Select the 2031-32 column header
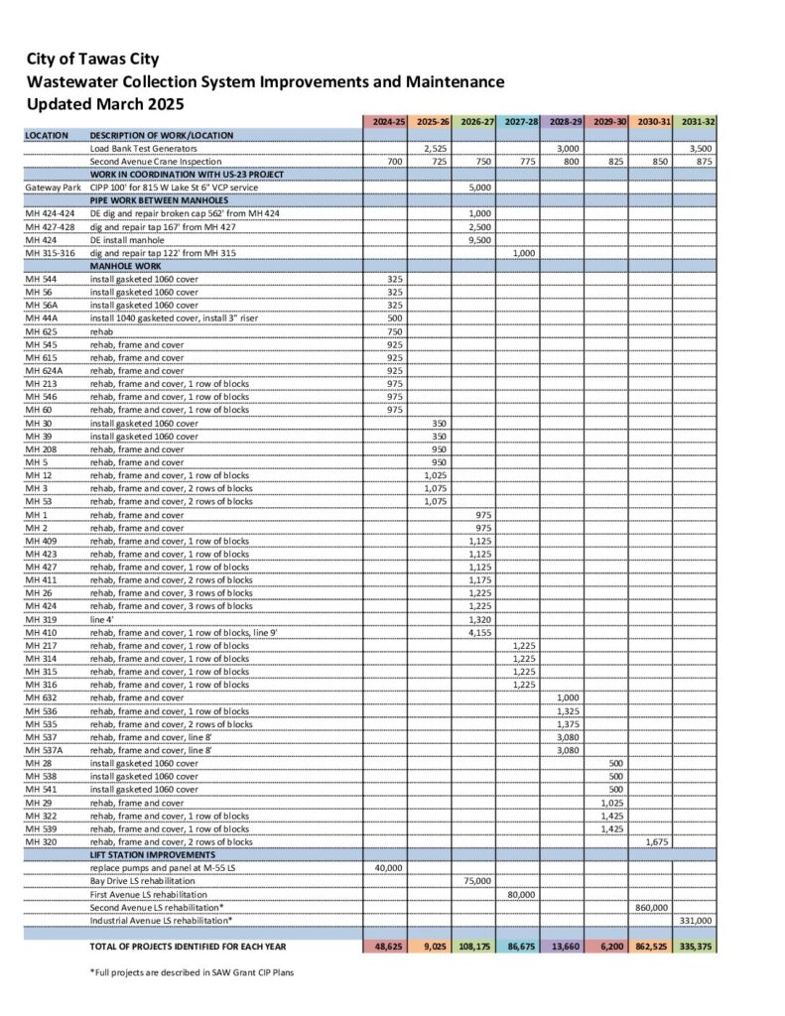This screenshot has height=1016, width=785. click(x=698, y=121)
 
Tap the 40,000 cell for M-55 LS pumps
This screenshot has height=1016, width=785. click(x=387, y=867)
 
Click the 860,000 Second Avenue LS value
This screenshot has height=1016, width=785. click(x=651, y=907)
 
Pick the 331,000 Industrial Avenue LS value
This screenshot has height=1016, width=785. click(x=696, y=920)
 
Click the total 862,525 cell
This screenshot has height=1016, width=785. click(x=651, y=947)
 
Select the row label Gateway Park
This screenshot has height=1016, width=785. click(x=53, y=187)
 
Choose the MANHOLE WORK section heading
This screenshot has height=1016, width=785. click(x=124, y=266)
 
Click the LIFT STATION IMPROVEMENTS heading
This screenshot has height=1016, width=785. click(x=152, y=854)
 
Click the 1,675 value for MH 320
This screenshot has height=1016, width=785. click(x=657, y=841)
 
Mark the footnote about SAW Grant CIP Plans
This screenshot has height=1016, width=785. click(x=191, y=972)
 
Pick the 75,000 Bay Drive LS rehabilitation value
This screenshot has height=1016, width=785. click(x=477, y=880)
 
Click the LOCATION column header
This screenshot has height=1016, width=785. click(x=48, y=134)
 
